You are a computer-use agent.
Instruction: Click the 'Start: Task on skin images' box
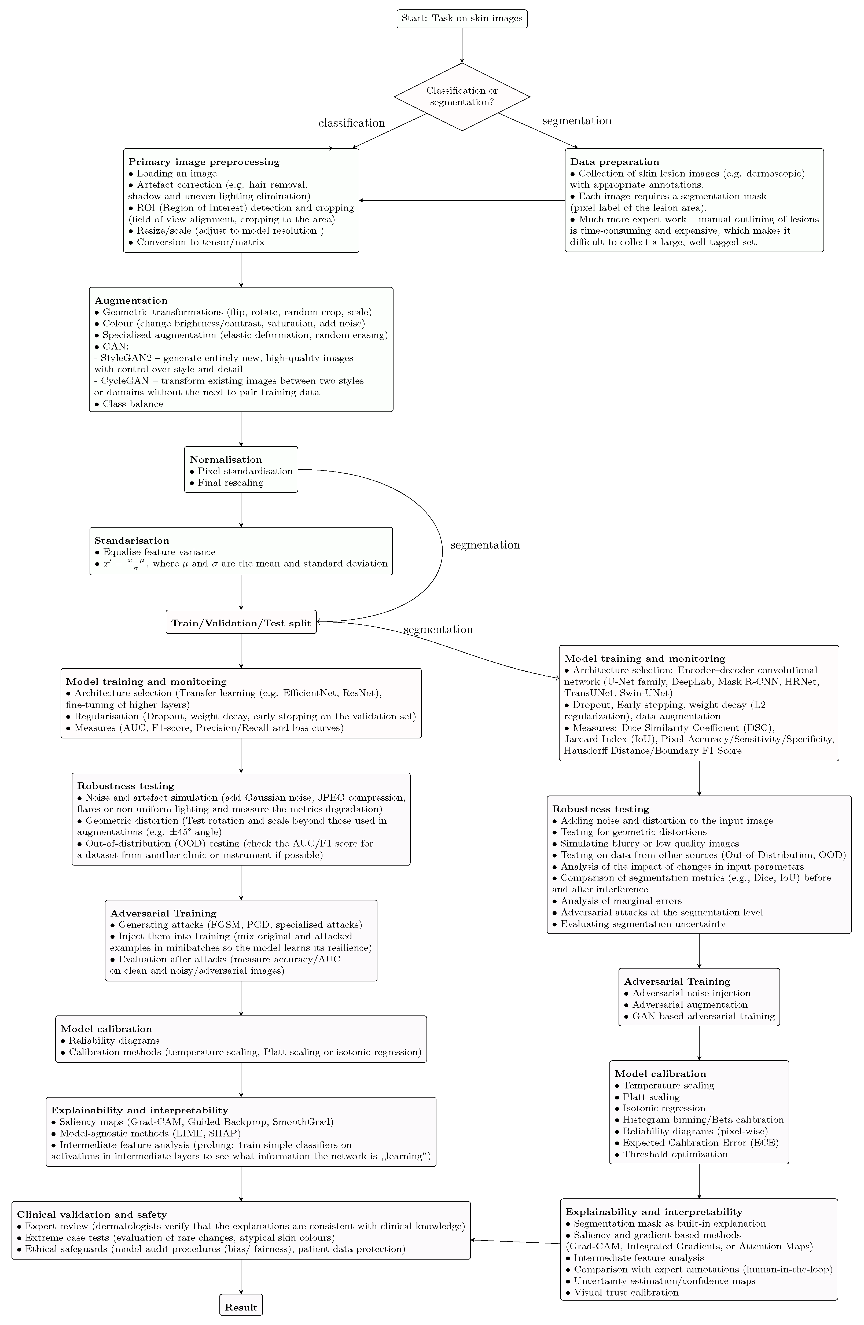461,18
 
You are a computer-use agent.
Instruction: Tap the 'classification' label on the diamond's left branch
351,123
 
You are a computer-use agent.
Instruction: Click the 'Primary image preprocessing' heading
204,162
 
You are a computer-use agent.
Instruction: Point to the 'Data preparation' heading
614,162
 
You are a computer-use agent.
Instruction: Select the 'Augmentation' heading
131,301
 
